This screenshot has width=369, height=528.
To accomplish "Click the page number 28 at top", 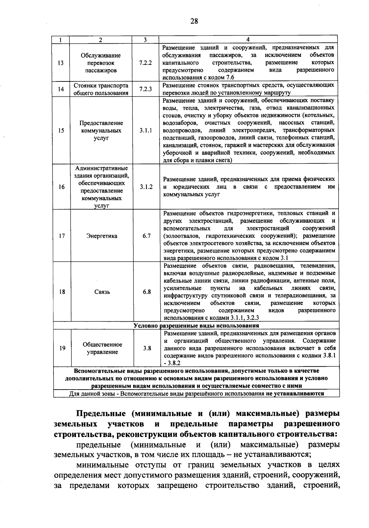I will [194, 21].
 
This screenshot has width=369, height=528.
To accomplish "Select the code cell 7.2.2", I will [145, 63].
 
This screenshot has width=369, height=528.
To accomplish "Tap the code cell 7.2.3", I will [145, 89].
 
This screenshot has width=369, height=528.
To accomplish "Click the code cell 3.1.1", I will [146, 130].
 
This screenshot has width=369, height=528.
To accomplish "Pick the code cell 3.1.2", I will [146, 187].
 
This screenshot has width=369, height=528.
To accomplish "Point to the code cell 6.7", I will [147, 236].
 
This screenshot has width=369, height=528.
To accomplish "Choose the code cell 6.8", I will [147, 292].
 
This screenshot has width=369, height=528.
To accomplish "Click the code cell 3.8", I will [147, 348].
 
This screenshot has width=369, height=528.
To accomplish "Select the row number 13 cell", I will [61, 63].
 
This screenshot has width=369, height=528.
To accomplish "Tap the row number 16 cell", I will [61, 187].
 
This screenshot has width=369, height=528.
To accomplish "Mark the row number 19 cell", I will [62, 348].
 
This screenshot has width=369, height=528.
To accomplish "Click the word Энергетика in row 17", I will [102, 236].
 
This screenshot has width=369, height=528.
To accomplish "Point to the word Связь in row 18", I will [102, 292].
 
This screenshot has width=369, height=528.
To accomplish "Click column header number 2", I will [101, 40].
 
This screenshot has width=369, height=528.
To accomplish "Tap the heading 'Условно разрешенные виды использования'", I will [196, 325].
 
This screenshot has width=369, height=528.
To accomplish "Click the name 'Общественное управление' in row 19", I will [102, 348].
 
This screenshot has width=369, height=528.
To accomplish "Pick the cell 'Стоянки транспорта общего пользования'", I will [101, 89].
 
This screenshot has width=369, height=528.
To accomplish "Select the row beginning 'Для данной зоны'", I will [197, 393].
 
